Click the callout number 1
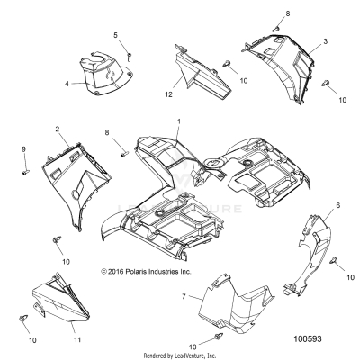coord(178,121)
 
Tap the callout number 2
coord(58,130)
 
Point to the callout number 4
coord(68,85)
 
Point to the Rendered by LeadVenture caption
coord(180,355)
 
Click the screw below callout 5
coord(128,54)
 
